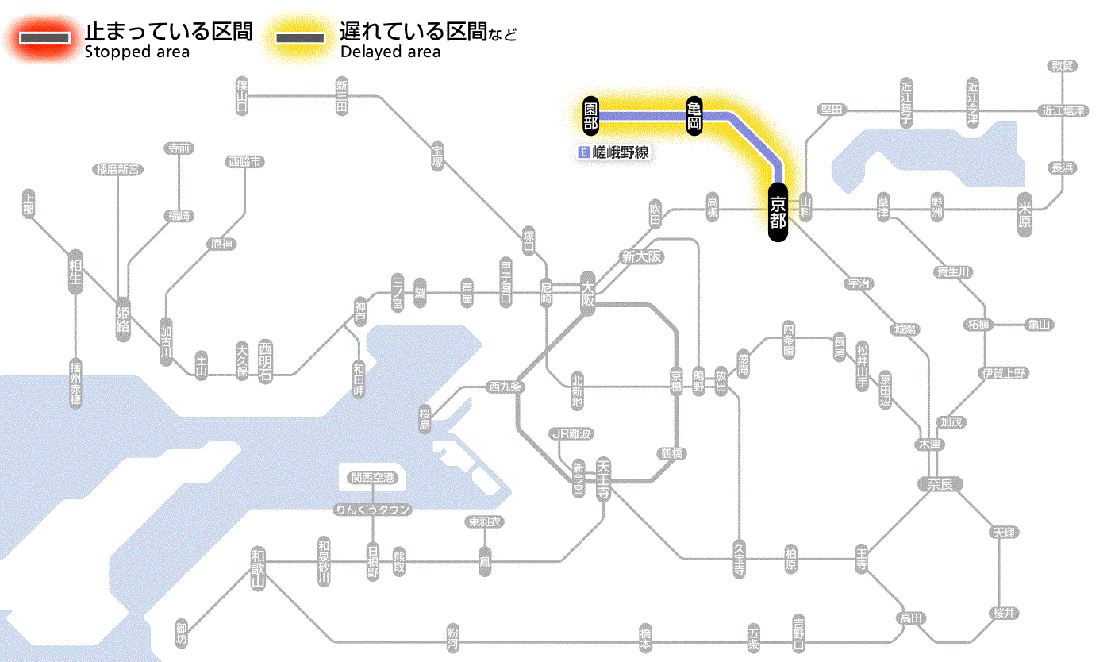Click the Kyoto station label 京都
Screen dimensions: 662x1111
[x=778, y=212]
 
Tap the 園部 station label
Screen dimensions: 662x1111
[x=590, y=116]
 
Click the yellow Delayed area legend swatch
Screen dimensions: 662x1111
[x=299, y=38]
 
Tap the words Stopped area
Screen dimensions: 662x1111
[x=137, y=52]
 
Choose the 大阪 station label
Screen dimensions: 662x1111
[x=587, y=294]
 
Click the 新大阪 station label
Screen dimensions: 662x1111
[x=641, y=257]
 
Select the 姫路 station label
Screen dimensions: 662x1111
[x=123, y=318]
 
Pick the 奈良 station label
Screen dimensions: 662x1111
[x=940, y=483]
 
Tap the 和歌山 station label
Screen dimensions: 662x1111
[x=257, y=568]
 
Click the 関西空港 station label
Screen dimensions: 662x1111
[x=373, y=478]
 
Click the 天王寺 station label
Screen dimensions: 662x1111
[x=603, y=479]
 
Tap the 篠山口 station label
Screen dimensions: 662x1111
[x=242, y=96]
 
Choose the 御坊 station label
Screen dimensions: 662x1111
[x=183, y=633]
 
